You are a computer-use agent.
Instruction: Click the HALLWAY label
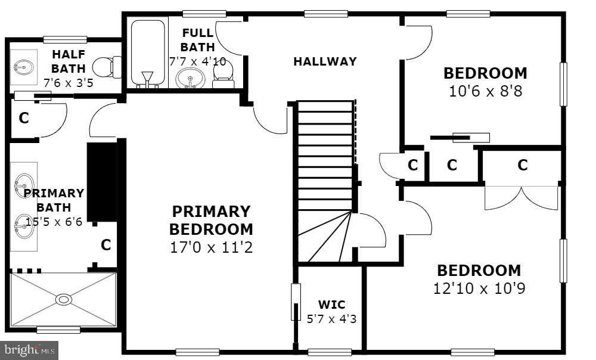tap(325, 61)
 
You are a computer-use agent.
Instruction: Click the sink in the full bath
tap(191, 78)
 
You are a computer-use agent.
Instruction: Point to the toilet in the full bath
tap(223, 73)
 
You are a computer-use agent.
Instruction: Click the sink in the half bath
tap(24, 67)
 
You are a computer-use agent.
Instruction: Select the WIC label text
tap(331, 305)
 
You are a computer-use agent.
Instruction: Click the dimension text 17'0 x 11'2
tap(211, 246)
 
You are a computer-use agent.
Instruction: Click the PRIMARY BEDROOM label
tap(211, 220)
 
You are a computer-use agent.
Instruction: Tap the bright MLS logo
tap(30, 350)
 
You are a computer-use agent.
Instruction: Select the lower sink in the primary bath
tap(24, 227)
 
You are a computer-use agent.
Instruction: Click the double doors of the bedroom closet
tap(522, 198)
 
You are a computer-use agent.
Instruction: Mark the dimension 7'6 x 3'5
tap(68, 82)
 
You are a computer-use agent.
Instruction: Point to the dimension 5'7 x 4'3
tap(331, 318)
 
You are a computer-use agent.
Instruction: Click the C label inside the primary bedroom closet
tap(105, 245)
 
